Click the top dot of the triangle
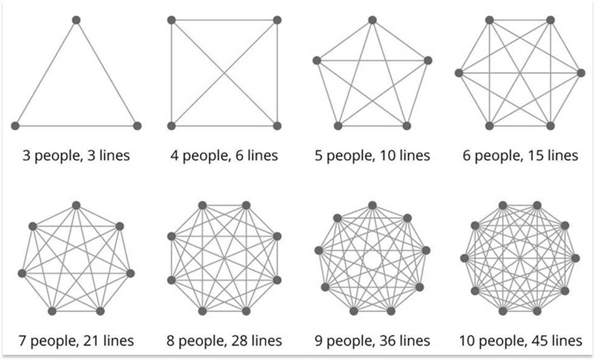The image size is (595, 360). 76,20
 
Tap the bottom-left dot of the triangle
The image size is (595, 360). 15,125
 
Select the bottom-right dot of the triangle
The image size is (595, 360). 137,125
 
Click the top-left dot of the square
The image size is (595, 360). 171,20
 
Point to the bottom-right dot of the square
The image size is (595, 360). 277,125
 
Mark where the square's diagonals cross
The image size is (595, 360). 224,73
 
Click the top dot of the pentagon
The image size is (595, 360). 372,20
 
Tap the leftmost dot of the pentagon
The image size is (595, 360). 317,60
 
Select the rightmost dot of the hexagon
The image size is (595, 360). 581,73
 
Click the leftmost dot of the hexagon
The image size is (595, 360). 459,73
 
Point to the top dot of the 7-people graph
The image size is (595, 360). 76,205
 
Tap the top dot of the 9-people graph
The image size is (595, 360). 372,205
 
